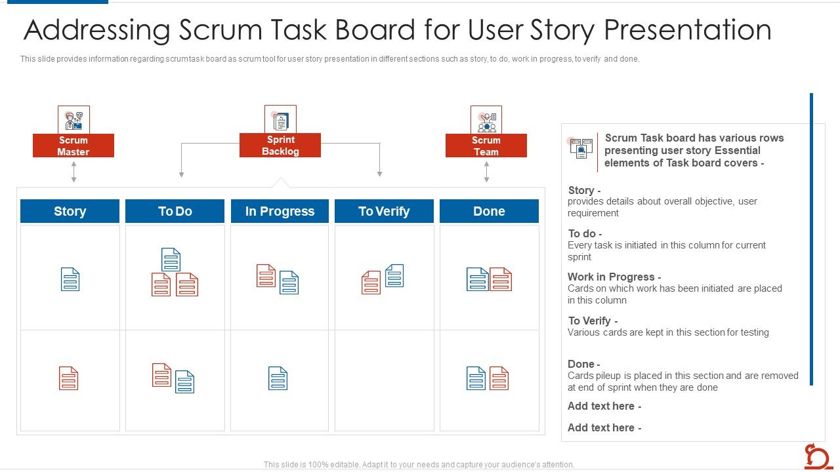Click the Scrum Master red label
click(x=73, y=146)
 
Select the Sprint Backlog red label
click(x=280, y=146)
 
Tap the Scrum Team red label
click(x=486, y=146)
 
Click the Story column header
click(x=70, y=211)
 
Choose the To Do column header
click(x=175, y=211)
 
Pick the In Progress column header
click(x=280, y=211)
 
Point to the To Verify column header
click(x=384, y=211)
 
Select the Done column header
click(x=489, y=211)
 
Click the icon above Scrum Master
click(x=73, y=120)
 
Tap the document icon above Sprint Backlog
click(x=280, y=120)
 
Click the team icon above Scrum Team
click(x=486, y=120)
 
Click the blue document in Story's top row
click(x=70, y=279)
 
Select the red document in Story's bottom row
click(x=69, y=378)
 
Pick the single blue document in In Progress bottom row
click(x=278, y=378)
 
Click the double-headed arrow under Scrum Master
click(x=73, y=172)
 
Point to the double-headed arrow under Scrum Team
click(x=486, y=172)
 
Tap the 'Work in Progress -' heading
click(x=614, y=277)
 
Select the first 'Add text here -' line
click(x=604, y=406)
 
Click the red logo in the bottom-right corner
click(x=818, y=456)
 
